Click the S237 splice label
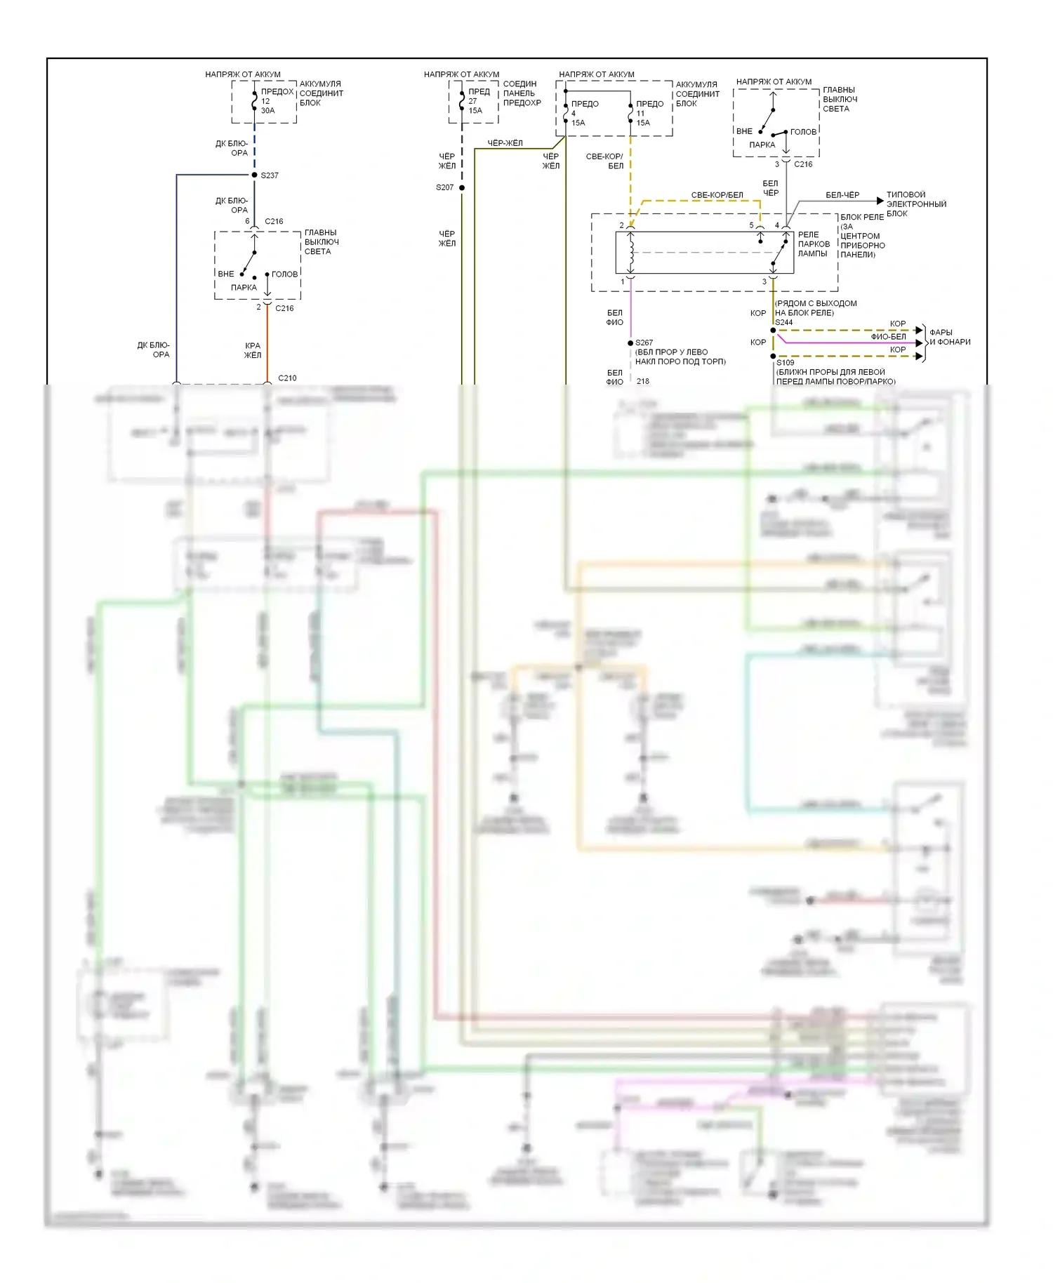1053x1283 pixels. (x=270, y=175)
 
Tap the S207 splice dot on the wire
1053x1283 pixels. (x=462, y=187)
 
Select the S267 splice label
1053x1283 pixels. (x=644, y=343)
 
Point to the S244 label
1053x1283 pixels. (x=784, y=323)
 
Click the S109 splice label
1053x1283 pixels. (x=786, y=363)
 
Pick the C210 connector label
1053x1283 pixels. (x=287, y=378)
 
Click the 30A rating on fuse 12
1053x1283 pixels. (x=267, y=111)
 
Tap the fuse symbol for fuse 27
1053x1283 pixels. (x=462, y=101)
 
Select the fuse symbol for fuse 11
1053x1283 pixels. (x=630, y=112)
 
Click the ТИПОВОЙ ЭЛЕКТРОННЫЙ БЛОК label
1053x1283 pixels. (x=916, y=204)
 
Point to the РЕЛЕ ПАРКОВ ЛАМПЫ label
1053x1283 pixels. (x=814, y=244)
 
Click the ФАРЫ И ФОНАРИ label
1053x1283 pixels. (x=949, y=337)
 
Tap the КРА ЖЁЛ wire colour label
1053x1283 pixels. (x=252, y=350)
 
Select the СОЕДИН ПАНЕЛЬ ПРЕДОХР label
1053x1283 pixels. (x=522, y=93)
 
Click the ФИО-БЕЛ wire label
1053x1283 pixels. (x=888, y=337)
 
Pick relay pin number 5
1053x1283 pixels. (x=751, y=225)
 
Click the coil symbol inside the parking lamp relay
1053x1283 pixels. (x=631, y=253)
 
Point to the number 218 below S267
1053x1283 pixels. (x=643, y=381)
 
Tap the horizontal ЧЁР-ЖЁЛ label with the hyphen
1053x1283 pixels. (x=505, y=143)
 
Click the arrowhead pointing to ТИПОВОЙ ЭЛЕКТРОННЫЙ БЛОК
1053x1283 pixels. (x=880, y=201)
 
